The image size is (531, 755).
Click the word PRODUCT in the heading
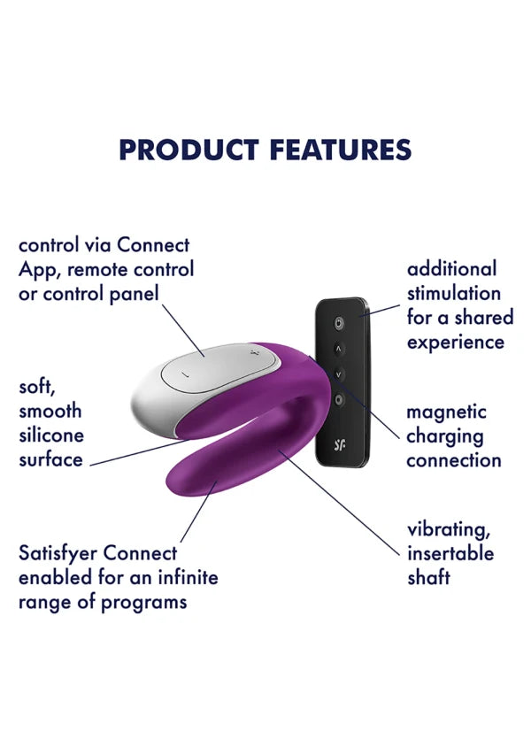[x=189, y=150]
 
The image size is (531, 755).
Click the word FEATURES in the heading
[x=341, y=150]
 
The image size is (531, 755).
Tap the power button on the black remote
[x=339, y=323]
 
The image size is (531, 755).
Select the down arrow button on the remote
[x=338, y=374]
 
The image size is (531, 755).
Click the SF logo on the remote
[x=339, y=445]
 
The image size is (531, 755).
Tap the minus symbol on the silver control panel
[x=187, y=374]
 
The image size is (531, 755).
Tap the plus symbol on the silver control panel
[x=255, y=354]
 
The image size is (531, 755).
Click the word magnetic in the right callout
[x=446, y=412]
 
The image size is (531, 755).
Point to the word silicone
[x=51, y=435]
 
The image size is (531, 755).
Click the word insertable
[x=450, y=553]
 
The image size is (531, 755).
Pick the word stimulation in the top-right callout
[x=454, y=293]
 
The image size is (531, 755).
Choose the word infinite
[x=188, y=577]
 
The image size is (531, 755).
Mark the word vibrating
[x=449, y=530]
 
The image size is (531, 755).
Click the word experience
[x=456, y=343]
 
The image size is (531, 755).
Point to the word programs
[x=143, y=603]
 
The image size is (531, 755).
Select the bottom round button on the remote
[x=338, y=400]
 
